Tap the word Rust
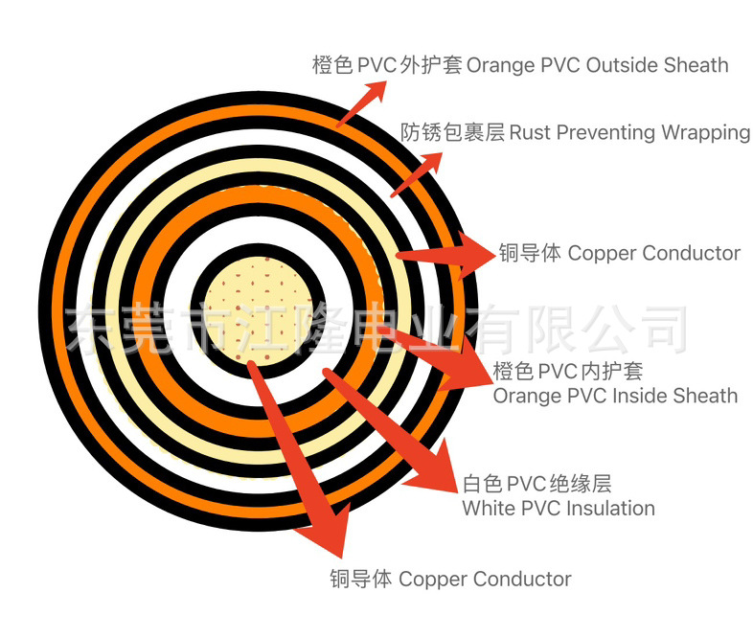(531, 132)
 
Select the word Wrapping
(705, 132)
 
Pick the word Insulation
(609, 508)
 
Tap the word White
(488, 508)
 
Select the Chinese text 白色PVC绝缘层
(536, 483)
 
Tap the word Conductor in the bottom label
(521, 579)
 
